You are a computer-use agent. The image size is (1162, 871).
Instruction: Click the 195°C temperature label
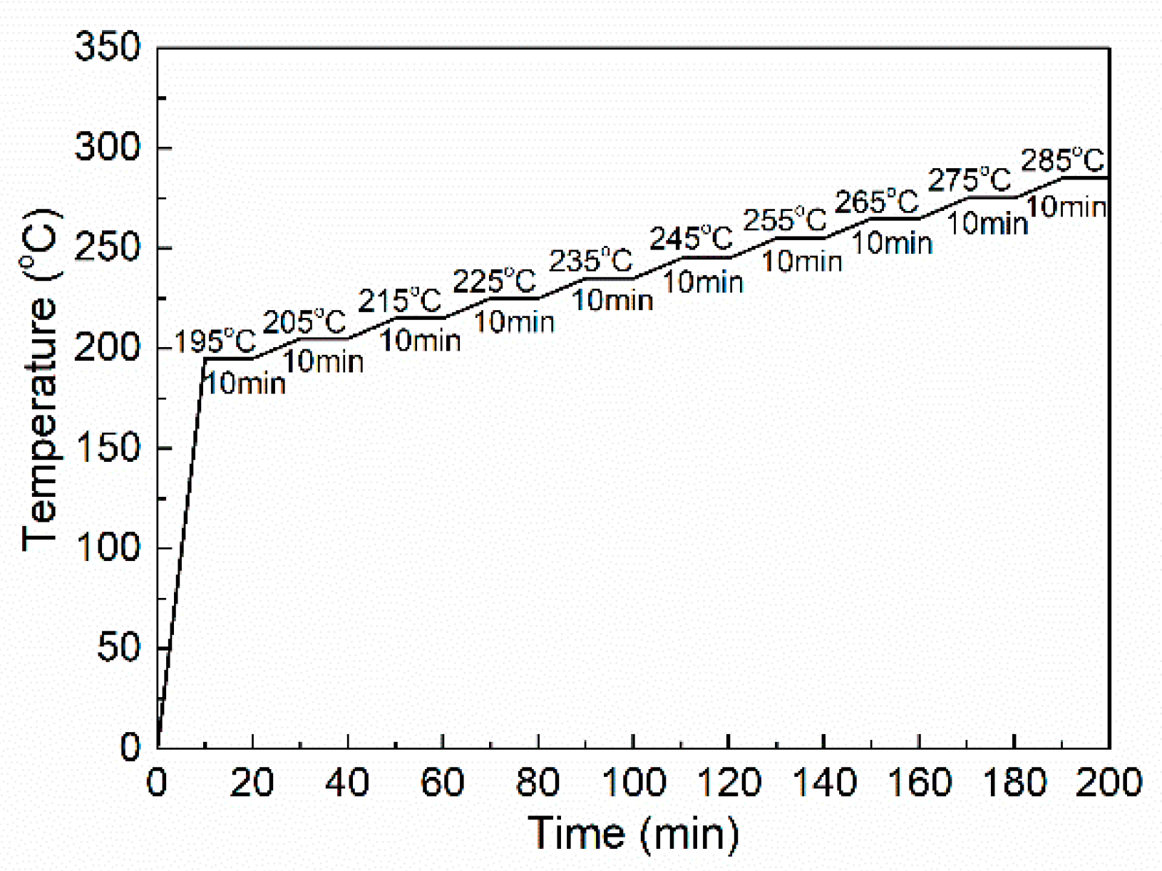click(215, 342)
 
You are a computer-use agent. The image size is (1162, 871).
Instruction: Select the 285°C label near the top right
click(1062, 160)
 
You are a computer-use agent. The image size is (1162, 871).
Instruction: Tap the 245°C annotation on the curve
click(691, 238)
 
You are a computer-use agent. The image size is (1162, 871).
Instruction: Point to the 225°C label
click(494, 282)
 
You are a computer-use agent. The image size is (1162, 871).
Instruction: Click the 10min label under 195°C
click(245, 384)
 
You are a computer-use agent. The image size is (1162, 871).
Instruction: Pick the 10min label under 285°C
click(1066, 207)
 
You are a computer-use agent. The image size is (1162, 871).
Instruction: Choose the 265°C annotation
click(876, 202)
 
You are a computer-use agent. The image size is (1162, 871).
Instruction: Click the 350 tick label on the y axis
click(108, 48)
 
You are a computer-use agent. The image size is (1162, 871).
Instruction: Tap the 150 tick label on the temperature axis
click(108, 448)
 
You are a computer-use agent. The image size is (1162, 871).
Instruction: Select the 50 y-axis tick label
click(119, 648)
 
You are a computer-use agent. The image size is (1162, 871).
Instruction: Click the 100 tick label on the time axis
click(633, 783)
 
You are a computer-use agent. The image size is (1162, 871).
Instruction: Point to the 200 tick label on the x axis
click(1109, 783)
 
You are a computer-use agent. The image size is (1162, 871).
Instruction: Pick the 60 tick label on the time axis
click(442, 783)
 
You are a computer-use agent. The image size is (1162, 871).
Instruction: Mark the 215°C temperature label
click(399, 301)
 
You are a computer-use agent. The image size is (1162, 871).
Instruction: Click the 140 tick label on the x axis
click(823, 783)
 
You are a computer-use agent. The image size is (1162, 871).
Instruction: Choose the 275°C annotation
click(969, 180)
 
